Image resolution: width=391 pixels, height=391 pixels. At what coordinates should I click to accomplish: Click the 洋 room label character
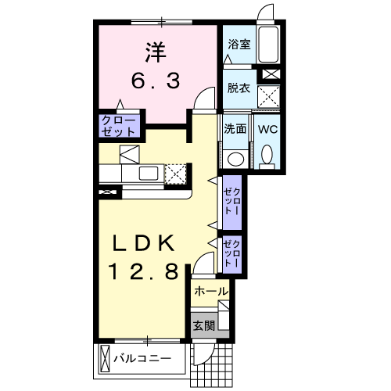click(x=153, y=54)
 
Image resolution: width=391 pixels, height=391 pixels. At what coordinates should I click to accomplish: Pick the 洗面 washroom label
click(x=235, y=129)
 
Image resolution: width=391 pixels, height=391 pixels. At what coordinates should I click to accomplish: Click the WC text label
click(x=267, y=129)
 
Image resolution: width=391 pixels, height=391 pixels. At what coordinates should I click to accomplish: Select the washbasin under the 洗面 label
click(x=235, y=158)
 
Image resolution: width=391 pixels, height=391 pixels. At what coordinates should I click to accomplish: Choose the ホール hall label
click(x=210, y=292)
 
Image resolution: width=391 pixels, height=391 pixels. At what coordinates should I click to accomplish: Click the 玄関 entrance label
click(x=203, y=326)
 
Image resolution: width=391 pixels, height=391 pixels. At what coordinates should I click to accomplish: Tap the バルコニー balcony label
click(x=152, y=361)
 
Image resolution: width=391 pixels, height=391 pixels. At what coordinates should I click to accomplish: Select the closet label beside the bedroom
click(x=119, y=126)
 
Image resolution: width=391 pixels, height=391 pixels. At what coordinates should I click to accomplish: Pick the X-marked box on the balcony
click(x=106, y=361)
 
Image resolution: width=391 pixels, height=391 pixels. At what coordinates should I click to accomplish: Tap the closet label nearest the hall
click(x=232, y=253)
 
